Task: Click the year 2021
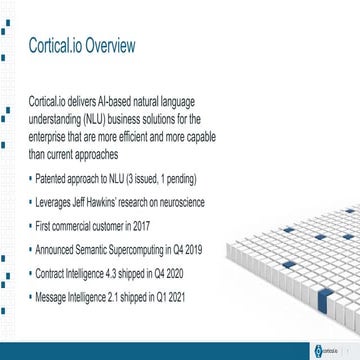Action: point(172,297)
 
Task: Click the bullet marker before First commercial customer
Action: point(33,226)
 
